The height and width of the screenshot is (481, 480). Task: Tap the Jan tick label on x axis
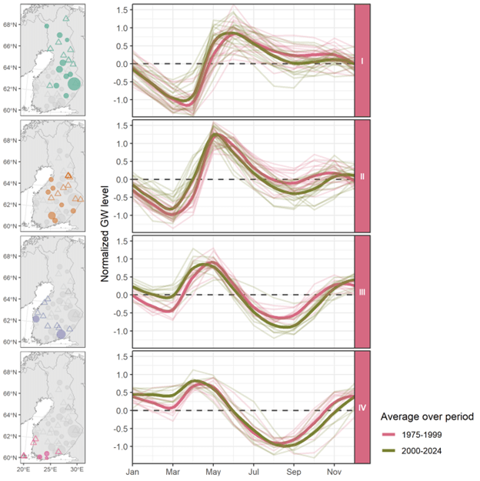click(133, 469)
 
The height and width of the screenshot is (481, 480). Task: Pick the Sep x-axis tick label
click(293, 469)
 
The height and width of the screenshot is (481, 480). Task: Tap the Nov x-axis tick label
click(334, 469)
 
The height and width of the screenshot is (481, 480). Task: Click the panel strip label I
click(362, 60)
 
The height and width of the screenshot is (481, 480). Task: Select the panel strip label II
click(362, 176)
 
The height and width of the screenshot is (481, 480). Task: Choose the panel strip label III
click(362, 292)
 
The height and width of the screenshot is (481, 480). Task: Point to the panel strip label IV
click(362, 408)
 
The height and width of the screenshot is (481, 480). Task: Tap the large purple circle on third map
click(62, 334)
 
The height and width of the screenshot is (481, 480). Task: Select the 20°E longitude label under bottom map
click(23, 469)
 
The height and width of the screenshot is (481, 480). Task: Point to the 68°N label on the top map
click(9, 24)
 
